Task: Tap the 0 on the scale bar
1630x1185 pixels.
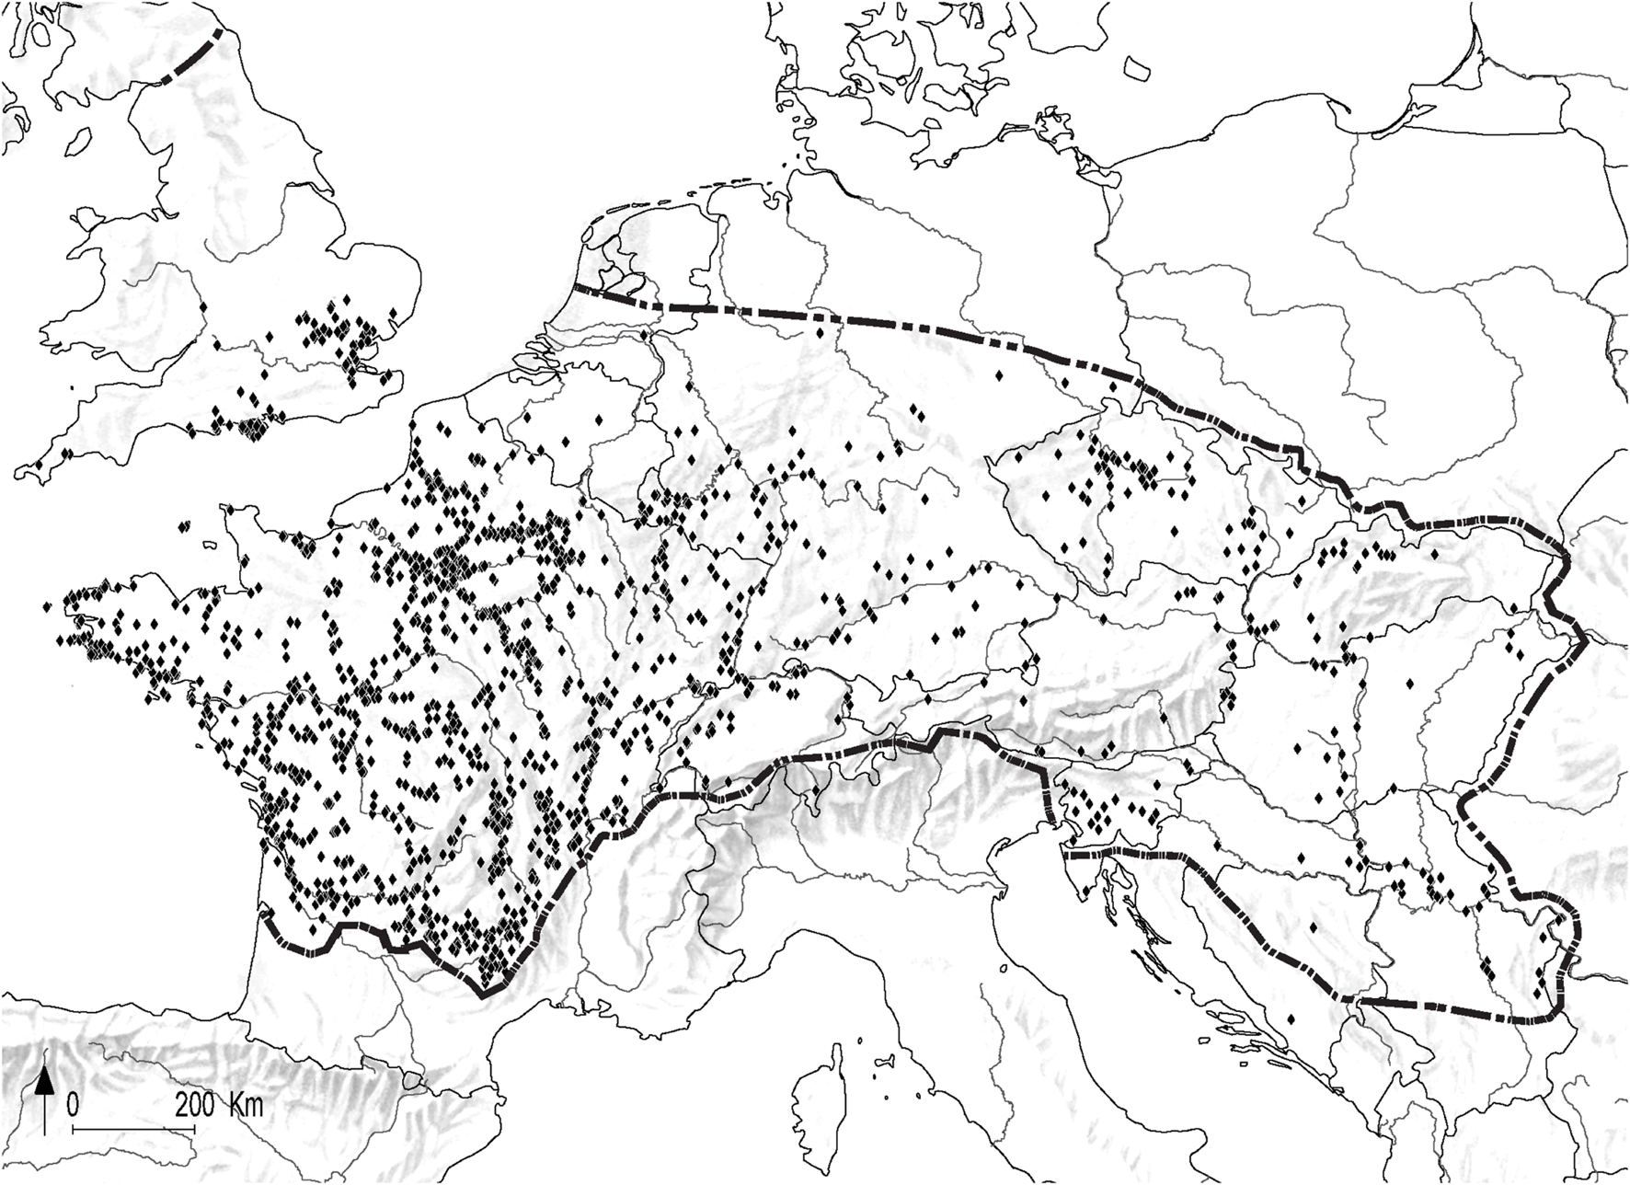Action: [x=73, y=1104]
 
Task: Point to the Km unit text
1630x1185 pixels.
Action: [x=246, y=1104]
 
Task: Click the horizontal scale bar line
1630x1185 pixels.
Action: [x=133, y=1127]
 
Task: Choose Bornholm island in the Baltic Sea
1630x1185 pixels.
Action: [x=1139, y=67]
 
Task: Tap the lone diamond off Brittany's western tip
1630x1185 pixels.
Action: [x=47, y=606]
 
